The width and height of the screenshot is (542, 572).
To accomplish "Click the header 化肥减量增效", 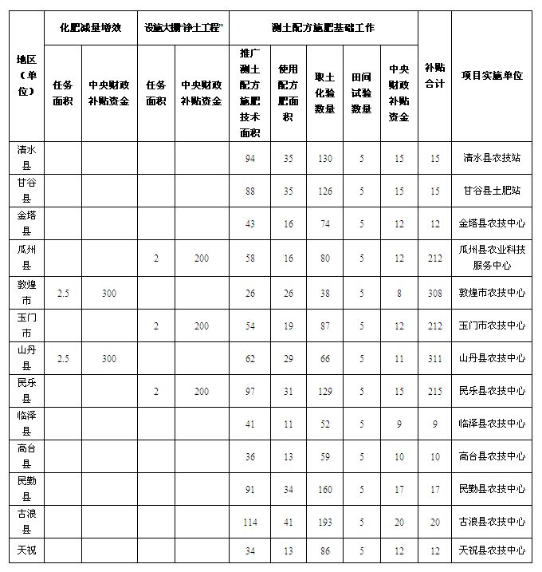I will (90, 28).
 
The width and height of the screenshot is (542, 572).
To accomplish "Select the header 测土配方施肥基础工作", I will (323, 28).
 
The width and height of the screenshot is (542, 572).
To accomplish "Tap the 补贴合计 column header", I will (434, 76).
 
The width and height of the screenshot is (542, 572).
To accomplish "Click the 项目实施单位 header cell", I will (492, 75).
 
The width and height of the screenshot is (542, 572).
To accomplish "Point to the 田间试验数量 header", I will (361, 93).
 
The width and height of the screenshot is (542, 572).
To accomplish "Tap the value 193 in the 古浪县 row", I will (324, 522).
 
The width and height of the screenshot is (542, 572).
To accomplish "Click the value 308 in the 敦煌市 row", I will (434, 293).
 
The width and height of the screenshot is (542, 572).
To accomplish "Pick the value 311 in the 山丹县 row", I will (434, 359).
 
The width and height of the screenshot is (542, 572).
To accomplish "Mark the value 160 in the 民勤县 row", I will (324, 489).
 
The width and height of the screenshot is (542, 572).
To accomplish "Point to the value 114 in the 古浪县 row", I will (250, 522).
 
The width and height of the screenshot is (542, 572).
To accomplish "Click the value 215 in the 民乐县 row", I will (434, 391).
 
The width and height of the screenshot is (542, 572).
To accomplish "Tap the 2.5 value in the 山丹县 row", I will (63, 359).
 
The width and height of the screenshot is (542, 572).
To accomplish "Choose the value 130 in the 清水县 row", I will (324, 158).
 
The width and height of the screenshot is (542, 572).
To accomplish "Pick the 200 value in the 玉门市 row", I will (202, 325).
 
